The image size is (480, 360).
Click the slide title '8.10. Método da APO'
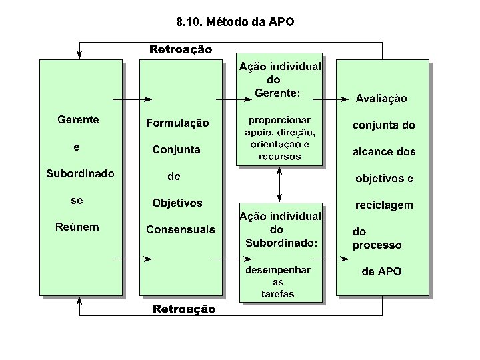click(235, 22)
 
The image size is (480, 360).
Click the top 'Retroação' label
click(181, 49)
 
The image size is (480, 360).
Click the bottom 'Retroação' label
click(184, 309)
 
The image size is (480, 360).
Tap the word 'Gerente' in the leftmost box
click(78, 120)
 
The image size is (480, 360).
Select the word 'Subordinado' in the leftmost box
click(80, 173)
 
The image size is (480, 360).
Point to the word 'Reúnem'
click(77, 227)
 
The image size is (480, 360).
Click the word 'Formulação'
click(177, 123)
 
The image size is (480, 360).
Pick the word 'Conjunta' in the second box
click(176, 149)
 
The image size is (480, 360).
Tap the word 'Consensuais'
click(181, 230)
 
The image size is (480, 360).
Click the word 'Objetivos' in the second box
click(177, 203)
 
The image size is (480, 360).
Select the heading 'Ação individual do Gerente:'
click(279, 79)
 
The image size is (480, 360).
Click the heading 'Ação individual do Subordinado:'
click(280, 229)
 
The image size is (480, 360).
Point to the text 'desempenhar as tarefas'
click(277, 282)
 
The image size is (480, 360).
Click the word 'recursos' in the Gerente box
click(281, 157)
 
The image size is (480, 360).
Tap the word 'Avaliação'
click(381, 99)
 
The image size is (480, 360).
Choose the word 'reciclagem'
click(383, 205)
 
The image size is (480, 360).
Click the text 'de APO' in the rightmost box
click(381, 271)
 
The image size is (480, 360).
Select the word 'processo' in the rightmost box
click(377, 245)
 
